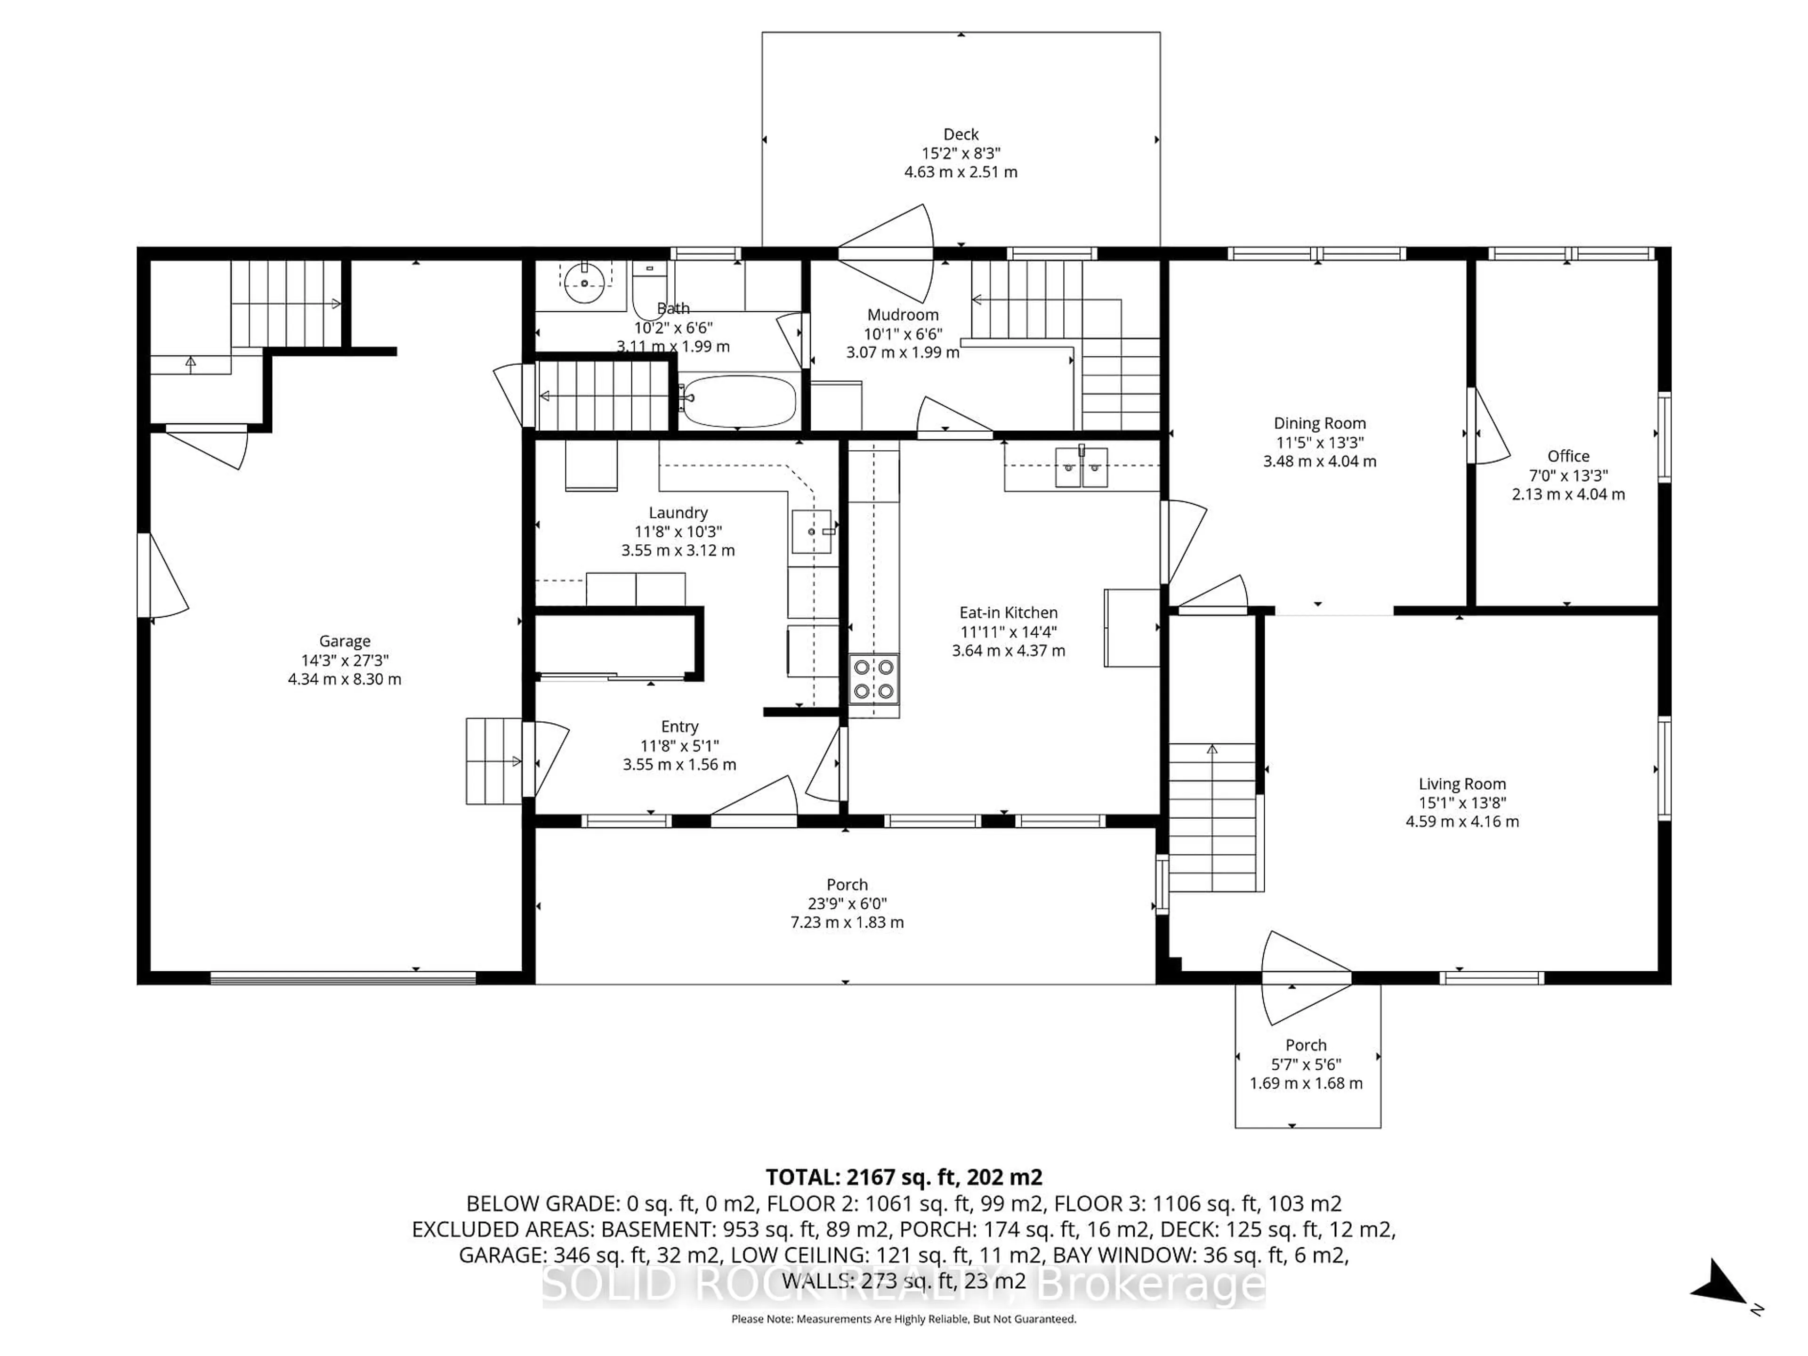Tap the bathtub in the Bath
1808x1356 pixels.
click(x=738, y=401)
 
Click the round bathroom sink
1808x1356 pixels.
click(x=585, y=282)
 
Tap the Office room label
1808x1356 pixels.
click(x=1568, y=456)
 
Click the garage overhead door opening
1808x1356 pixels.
click(x=343, y=977)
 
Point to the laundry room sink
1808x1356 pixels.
click(x=812, y=531)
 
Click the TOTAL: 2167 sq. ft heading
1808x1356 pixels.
click(x=903, y=1177)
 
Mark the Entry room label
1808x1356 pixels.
click(x=679, y=726)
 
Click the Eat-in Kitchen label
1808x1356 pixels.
click(x=1008, y=612)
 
